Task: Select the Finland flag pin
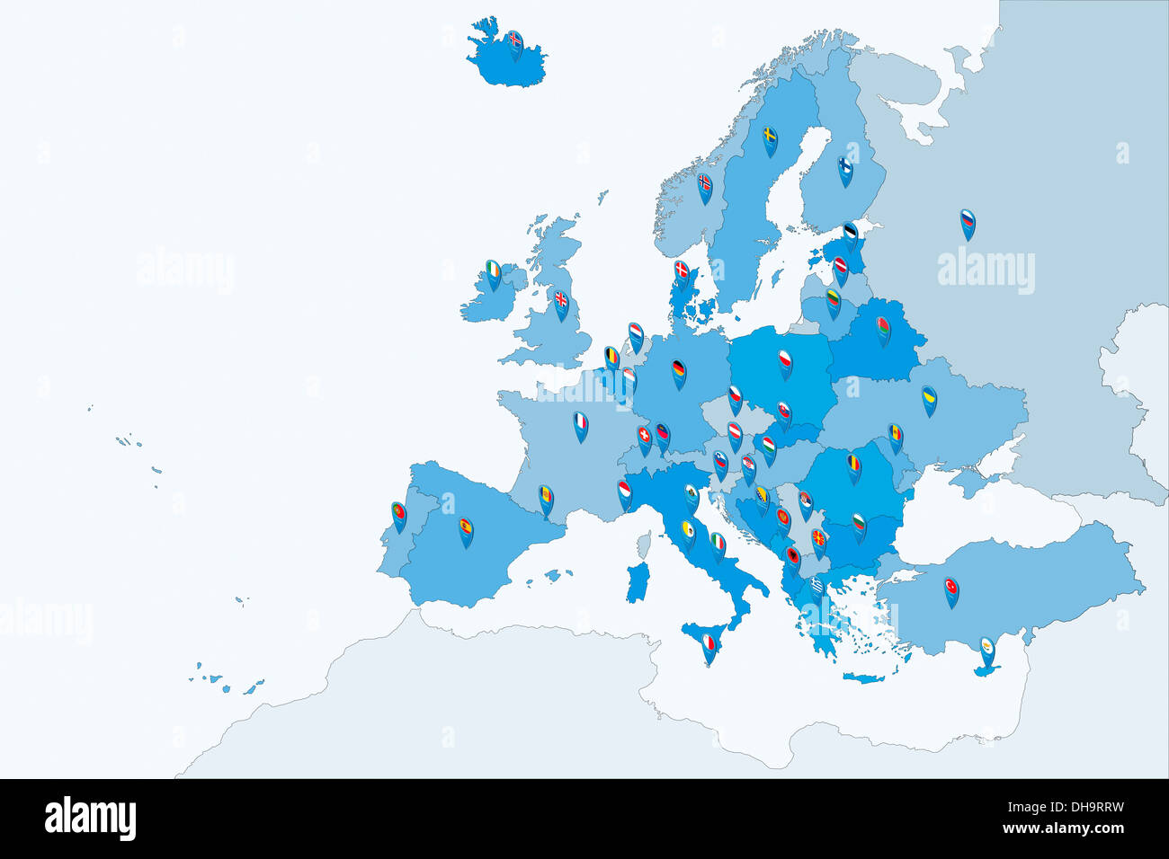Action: [x=845, y=168]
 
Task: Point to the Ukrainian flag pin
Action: [x=929, y=398]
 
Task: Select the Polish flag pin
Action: [x=785, y=361]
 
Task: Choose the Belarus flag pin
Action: [x=883, y=328]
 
